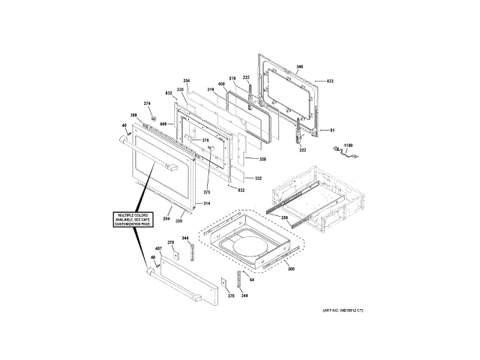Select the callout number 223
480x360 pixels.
(245, 77)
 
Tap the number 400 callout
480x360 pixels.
(221, 83)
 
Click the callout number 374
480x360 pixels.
(147, 103)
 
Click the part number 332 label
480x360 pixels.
(258, 178)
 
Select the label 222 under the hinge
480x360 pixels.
(303, 150)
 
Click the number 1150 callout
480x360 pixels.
(347, 145)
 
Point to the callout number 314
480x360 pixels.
(206, 203)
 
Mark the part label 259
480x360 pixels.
(285, 217)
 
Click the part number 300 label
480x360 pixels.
(291, 268)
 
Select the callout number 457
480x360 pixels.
(158, 248)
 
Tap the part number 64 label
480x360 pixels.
(253, 280)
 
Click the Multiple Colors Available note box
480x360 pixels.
(133, 220)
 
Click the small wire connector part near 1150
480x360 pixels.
(346, 155)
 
